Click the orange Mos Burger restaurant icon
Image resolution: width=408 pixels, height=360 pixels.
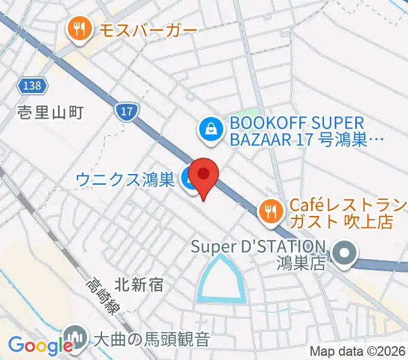point(79,28)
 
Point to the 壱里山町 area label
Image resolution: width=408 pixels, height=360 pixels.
point(49,112)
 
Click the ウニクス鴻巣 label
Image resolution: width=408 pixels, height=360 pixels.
point(125,179)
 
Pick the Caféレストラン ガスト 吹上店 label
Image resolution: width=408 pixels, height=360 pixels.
point(341,213)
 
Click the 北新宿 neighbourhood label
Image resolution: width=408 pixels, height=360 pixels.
point(139,284)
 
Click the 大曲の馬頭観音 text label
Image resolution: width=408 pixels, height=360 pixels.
point(152,339)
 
